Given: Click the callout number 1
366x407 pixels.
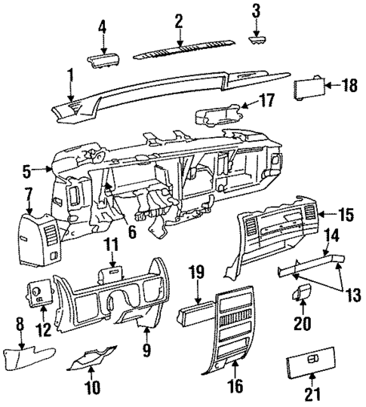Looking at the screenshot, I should (x=69, y=75).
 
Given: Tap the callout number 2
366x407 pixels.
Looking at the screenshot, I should (x=179, y=20).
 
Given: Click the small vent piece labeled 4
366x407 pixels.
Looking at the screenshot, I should (x=103, y=60).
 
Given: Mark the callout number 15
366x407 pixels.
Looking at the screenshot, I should (x=346, y=216).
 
